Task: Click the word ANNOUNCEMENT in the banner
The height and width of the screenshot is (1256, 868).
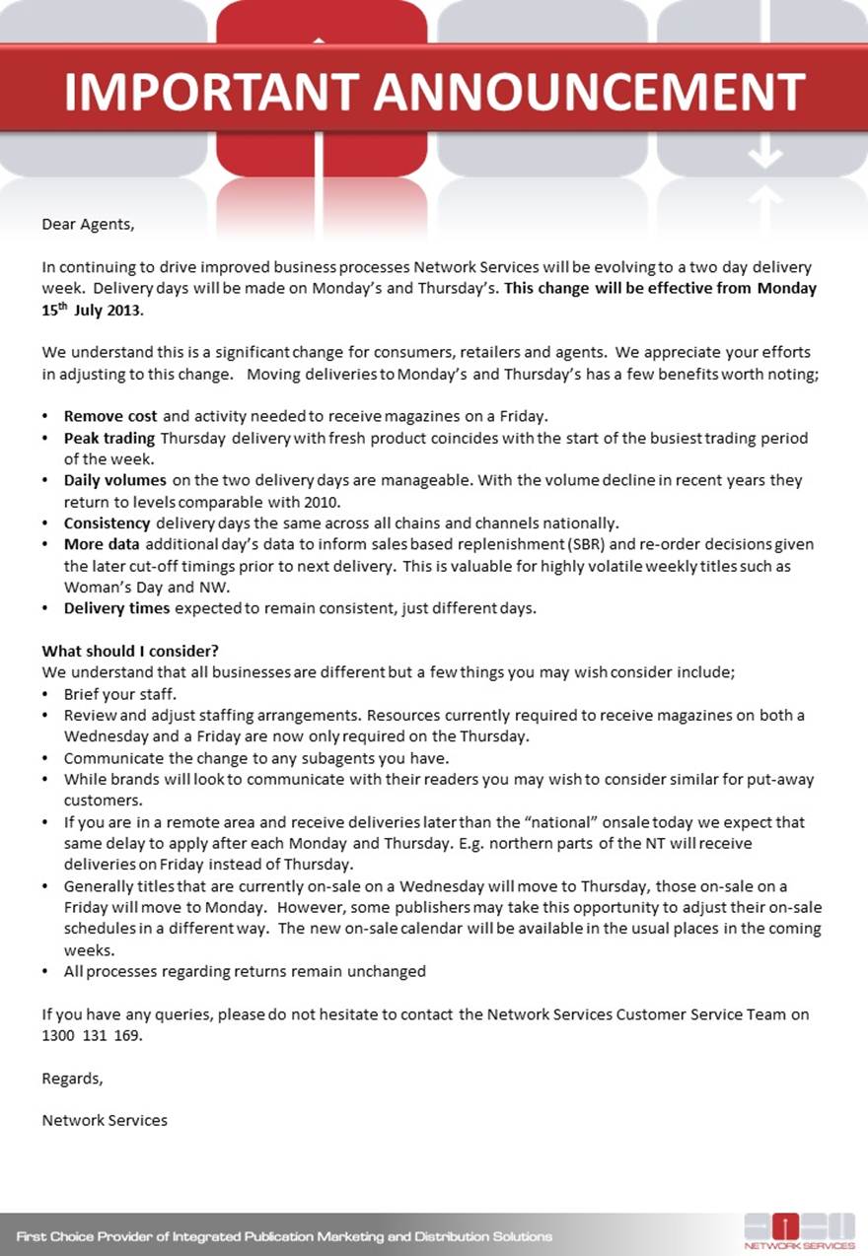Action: tap(589, 93)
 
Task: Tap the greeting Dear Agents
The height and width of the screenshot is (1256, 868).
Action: tap(87, 224)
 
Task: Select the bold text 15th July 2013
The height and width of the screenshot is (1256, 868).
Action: tap(92, 310)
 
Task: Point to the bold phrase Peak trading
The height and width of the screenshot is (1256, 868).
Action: tap(109, 438)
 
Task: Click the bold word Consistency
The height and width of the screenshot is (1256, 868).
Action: tap(108, 523)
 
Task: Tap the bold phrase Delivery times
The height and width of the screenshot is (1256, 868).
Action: tap(116, 608)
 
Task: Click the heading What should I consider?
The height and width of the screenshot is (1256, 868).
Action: tap(130, 651)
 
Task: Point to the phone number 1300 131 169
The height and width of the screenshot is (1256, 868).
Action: tap(93, 1036)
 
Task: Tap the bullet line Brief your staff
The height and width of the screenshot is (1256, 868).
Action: tap(119, 694)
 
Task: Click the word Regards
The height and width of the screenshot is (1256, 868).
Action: tap(72, 1078)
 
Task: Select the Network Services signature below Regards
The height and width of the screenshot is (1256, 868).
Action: tap(105, 1120)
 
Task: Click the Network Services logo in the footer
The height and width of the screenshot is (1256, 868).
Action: tap(799, 1231)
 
